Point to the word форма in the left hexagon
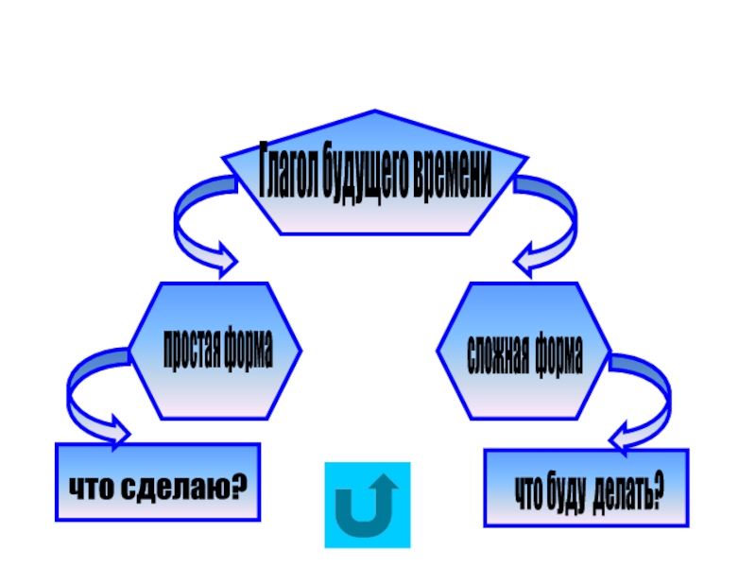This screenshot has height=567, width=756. click(248, 351)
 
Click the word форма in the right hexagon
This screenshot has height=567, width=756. click(558, 352)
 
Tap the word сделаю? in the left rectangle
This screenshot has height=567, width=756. click(185, 488)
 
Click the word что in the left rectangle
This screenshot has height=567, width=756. click(92, 488)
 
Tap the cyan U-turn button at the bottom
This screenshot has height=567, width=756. click(368, 506)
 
